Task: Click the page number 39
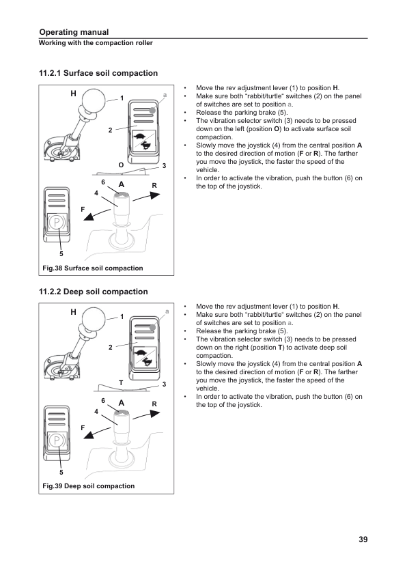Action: (363, 539)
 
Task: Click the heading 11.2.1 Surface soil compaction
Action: (98, 73)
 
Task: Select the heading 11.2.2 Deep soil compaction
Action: (94, 292)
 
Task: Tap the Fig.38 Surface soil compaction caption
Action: (93, 268)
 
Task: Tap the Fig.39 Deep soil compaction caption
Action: (88, 486)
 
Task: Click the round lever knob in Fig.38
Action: (94, 100)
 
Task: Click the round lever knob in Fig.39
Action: (94, 319)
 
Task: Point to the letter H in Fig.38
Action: (73, 94)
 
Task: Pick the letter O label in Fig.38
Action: (121, 165)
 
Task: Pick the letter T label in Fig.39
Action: (121, 383)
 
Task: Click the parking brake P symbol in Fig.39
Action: (57, 440)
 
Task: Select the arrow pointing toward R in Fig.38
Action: (146, 196)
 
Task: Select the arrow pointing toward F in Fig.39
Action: (97, 433)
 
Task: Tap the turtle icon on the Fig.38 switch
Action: (139, 137)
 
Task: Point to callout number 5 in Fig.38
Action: (61, 254)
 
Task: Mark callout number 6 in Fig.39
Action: (103, 401)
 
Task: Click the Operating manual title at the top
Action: (74, 32)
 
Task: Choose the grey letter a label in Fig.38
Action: (165, 95)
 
